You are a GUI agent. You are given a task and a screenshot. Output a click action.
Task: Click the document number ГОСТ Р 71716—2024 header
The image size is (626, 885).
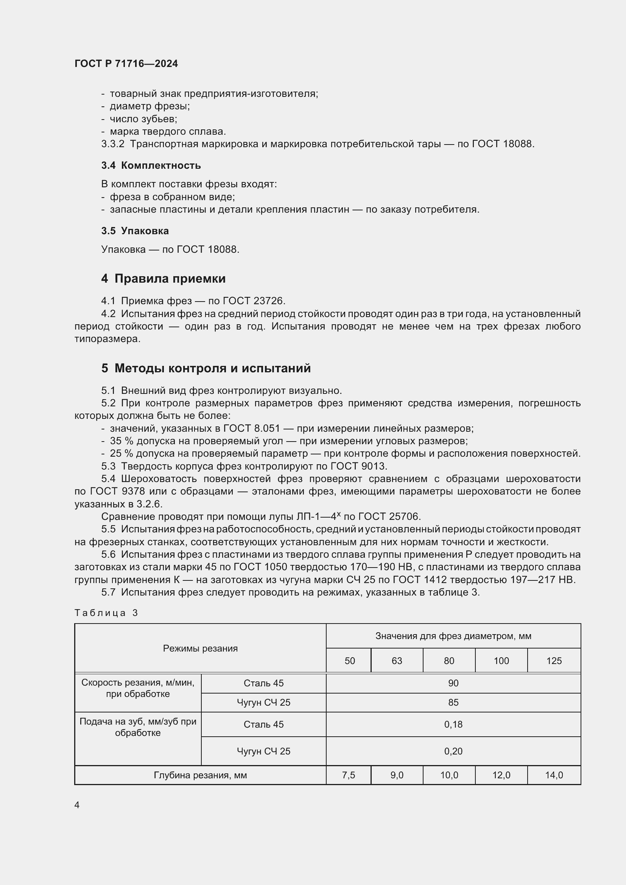[x=126, y=64]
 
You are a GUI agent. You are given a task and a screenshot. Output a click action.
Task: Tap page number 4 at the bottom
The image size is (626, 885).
[x=77, y=805]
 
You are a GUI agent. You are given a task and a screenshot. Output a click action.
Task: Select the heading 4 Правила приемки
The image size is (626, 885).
[x=163, y=278]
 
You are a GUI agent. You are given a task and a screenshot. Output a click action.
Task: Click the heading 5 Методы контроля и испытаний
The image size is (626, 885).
[x=206, y=368]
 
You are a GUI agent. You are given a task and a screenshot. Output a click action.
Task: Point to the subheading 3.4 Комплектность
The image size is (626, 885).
[x=151, y=165]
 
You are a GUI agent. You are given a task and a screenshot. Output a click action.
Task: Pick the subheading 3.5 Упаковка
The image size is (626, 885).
[x=135, y=231]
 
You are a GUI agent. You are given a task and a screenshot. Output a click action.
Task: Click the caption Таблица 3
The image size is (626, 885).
[x=106, y=613]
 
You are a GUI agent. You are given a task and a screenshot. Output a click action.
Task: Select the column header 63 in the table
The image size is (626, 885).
[x=397, y=661]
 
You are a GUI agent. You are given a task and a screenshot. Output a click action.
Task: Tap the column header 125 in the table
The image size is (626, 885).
[x=554, y=661]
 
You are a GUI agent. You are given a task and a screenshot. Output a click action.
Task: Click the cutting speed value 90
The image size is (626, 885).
[x=453, y=683]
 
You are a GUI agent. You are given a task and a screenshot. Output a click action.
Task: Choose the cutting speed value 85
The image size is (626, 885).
[x=453, y=702]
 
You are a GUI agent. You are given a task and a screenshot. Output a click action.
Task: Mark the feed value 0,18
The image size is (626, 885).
[x=453, y=724]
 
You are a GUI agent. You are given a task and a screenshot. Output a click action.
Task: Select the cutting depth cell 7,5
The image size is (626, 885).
[x=349, y=775]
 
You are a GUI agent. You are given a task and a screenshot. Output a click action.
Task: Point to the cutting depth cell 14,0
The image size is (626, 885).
[x=554, y=775]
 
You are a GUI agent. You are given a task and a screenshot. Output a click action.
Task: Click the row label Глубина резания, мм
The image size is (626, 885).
[x=200, y=775]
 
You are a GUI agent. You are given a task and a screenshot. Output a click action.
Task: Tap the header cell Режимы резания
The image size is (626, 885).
[x=200, y=649]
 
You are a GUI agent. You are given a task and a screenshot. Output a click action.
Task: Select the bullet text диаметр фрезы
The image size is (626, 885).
[x=149, y=106]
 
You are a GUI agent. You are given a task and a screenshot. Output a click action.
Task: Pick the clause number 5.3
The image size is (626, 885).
[x=108, y=466]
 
